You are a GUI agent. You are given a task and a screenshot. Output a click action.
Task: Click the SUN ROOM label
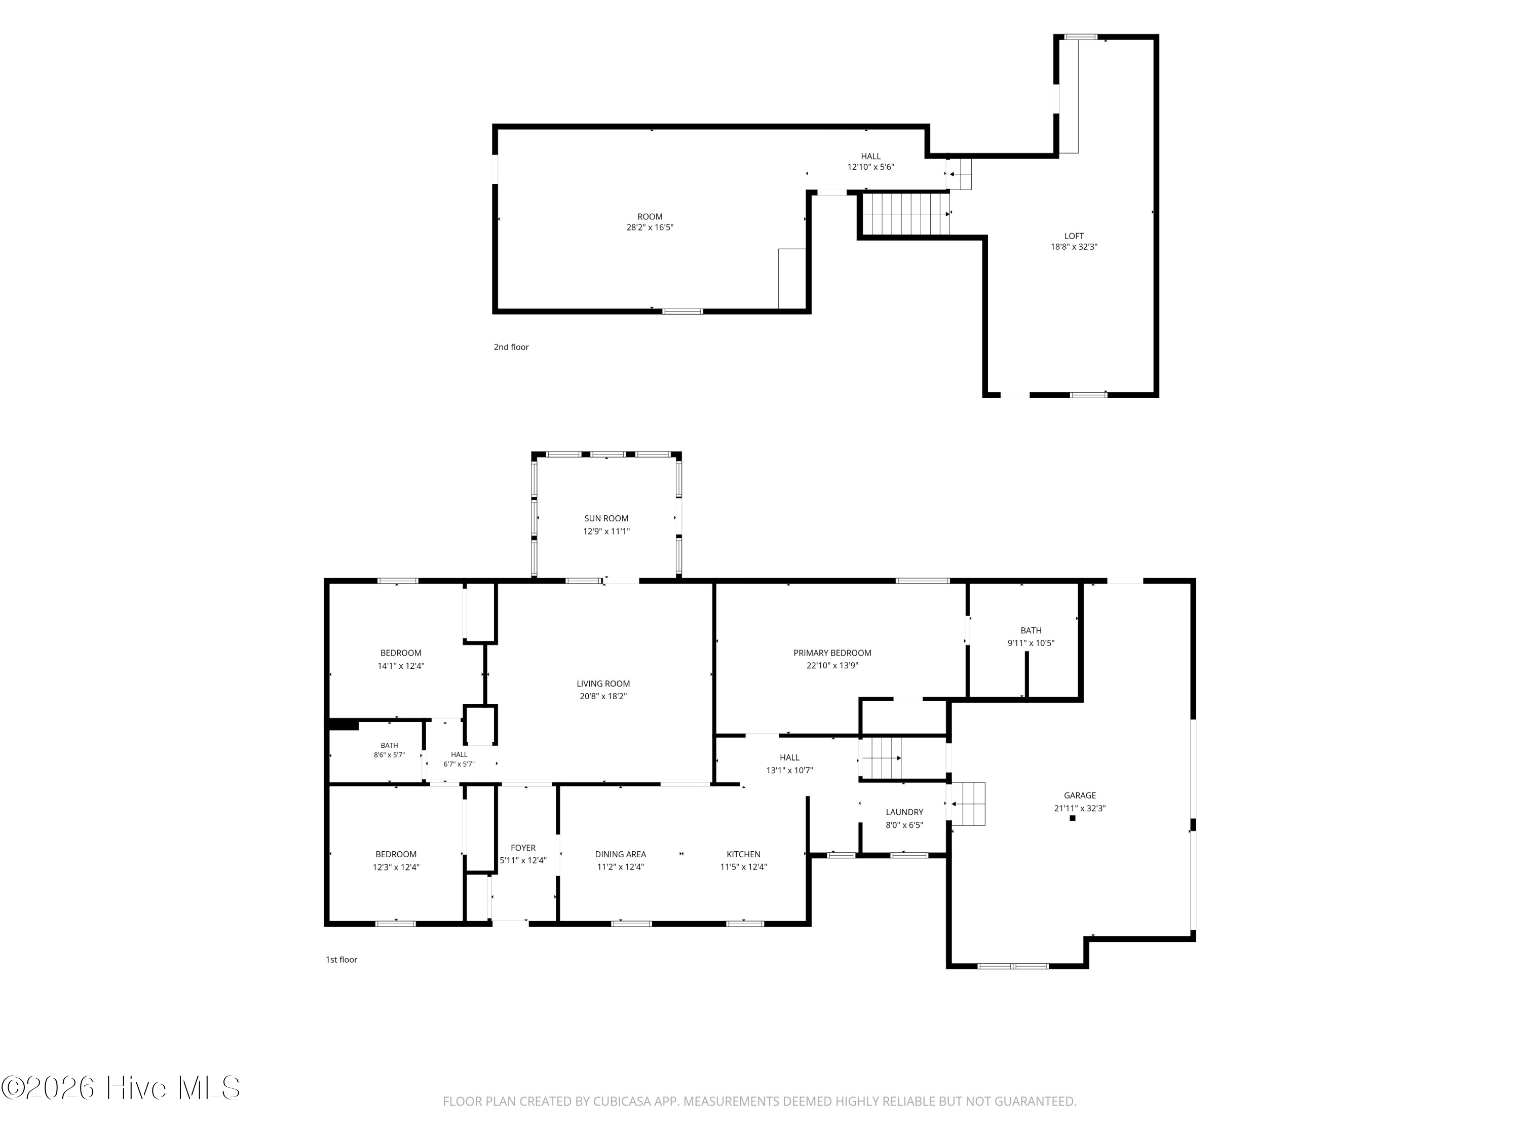click(606, 518)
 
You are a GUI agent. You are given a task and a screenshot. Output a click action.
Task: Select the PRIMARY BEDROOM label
click(832, 653)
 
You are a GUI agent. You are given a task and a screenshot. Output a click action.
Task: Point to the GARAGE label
click(1080, 795)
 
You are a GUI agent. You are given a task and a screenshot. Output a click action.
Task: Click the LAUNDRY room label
click(904, 812)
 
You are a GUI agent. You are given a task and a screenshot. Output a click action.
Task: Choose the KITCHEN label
click(743, 854)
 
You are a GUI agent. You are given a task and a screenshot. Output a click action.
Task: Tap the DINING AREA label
click(621, 854)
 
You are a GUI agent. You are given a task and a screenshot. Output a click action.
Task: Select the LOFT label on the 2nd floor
click(1074, 236)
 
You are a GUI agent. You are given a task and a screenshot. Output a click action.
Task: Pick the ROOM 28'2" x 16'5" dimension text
click(650, 227)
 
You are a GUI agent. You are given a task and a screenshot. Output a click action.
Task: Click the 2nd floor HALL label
click(870, 156)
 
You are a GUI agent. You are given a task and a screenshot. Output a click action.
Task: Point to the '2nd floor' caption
click(511, 347)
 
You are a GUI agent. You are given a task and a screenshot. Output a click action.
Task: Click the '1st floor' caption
click(341, 959)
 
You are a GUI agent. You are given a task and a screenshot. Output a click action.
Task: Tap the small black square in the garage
click(1072, 818)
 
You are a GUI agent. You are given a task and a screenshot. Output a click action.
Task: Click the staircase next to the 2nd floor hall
click(906, 214)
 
